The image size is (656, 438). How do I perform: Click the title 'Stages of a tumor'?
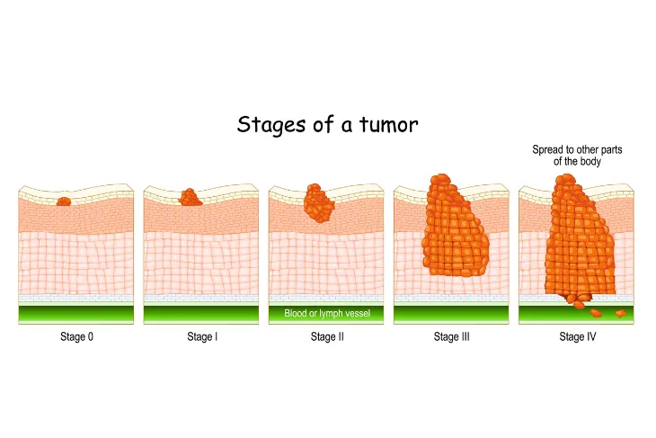[328, 124]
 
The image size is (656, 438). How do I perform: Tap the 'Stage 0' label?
[76, 336]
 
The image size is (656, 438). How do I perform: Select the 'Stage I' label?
[202, 336]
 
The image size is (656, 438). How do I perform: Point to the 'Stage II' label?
[327, 336]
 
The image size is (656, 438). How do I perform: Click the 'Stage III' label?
[451, 336]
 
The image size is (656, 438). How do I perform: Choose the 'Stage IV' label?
[577, 336]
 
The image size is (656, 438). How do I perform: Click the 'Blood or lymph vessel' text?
[327, 313]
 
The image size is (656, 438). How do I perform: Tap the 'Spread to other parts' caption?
[577, 149]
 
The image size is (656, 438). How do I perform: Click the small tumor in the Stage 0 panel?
[64, 201]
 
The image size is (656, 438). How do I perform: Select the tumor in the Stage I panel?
[191, 198]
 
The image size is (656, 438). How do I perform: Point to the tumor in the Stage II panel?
[319, 203]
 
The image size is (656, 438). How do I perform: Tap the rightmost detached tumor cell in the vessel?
[620, 313]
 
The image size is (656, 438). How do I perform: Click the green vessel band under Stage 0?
[76, 314]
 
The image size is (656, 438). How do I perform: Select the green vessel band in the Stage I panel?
[201, 314]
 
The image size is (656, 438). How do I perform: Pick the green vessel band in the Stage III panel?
[451, 314]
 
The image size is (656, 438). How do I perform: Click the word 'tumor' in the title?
[389, 124]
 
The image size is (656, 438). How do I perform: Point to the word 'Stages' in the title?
[271, 125]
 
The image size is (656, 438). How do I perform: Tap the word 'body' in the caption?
[590, 161]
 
